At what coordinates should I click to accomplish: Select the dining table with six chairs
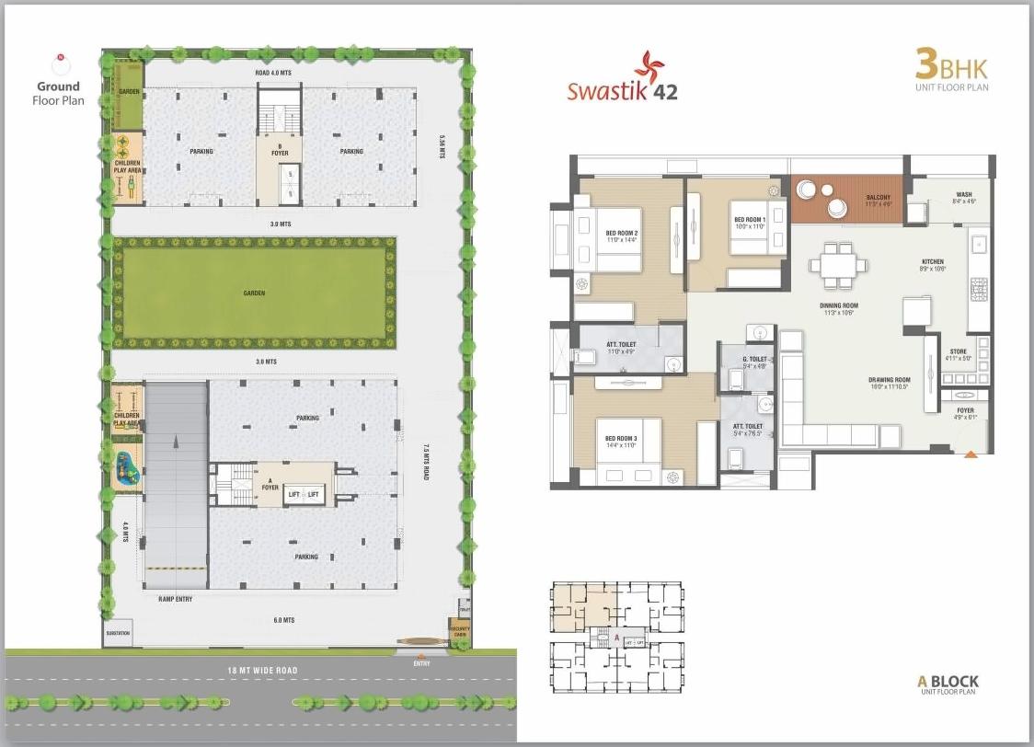(837, 264)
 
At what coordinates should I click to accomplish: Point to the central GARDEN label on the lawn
(254, 293)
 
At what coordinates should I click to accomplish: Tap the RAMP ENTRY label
(174, 599)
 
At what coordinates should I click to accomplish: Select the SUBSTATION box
(118, 634)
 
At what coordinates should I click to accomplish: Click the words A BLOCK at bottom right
(948, 682)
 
